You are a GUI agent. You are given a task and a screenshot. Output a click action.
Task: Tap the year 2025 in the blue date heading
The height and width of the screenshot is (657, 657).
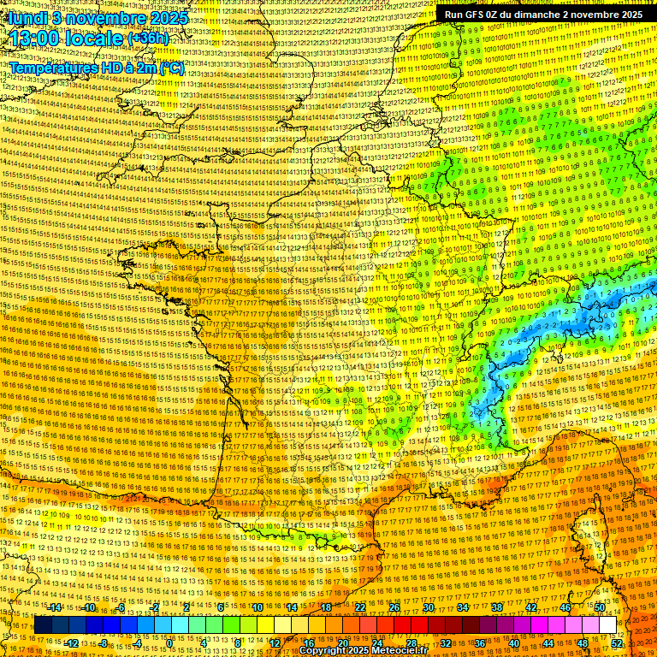click(171, 17)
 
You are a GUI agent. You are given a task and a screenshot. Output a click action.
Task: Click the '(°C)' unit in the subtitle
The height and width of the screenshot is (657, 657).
click(171, 68)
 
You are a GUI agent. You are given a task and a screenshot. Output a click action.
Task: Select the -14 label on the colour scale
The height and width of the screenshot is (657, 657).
click(55, 607)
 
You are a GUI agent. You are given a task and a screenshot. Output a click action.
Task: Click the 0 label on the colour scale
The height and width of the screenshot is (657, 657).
click(169, 642)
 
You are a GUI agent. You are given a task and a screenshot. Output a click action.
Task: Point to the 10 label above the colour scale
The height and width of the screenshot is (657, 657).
click(257, 607)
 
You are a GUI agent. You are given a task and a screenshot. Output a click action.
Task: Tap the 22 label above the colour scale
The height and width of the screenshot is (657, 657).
click(359, 607)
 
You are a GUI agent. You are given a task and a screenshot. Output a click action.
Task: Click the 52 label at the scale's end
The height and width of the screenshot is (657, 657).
click(617, 642)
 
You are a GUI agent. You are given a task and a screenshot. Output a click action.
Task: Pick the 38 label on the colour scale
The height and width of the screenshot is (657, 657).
click(497, 607)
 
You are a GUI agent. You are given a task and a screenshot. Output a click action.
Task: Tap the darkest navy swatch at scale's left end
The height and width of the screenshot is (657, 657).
click(43, 624)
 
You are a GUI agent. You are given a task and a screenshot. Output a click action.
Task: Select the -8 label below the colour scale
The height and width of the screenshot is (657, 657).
click(103, 642)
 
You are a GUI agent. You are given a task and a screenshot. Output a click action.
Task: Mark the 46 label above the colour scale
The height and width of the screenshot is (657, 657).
click(565, 607)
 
